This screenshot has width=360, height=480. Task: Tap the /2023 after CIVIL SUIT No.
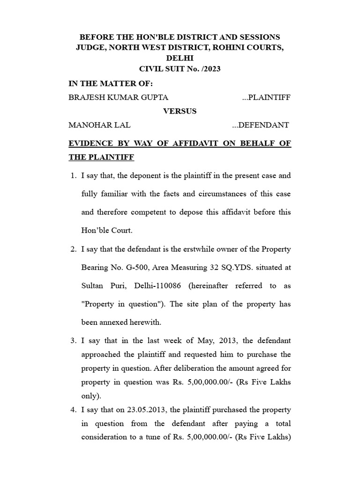coord(210,69)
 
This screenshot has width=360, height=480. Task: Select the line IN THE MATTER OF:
coord(111,83)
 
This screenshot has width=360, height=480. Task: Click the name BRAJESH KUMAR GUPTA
coord(119,97)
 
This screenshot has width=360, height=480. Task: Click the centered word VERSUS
coord(180,111)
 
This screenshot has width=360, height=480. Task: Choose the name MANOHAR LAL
coord(99,125)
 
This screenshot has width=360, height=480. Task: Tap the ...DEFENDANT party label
coord(261,125)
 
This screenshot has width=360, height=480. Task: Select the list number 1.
coord(73,176)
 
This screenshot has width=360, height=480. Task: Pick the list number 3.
coord(73,340)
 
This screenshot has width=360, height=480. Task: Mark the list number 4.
coord(73,410)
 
